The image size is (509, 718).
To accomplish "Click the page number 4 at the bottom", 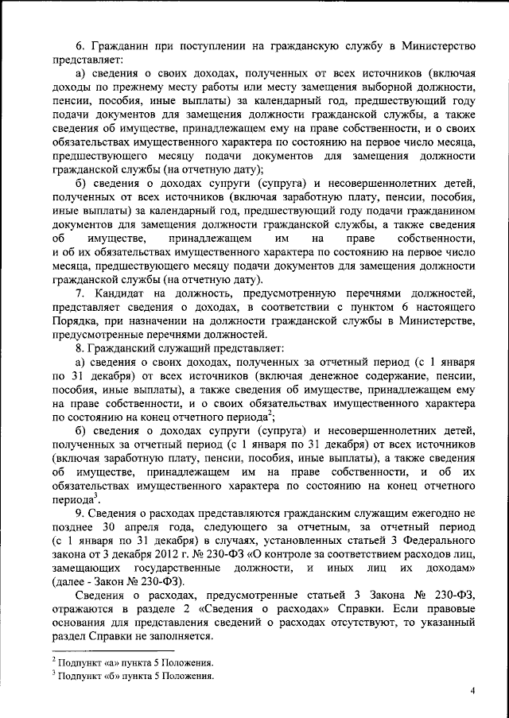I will pos(472,691).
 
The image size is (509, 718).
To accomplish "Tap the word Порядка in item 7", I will pos(76,320).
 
